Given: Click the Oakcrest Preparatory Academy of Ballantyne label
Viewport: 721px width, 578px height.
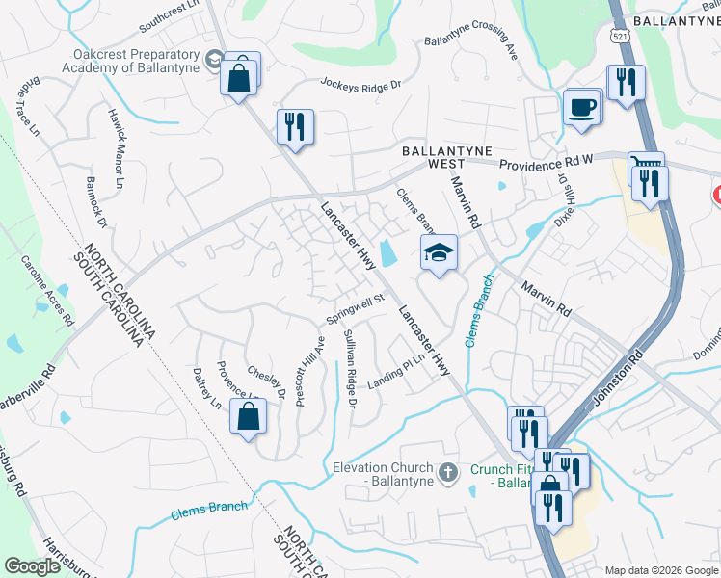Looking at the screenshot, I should tap(131, 61).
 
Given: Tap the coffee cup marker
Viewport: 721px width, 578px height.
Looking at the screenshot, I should tap(581, 108).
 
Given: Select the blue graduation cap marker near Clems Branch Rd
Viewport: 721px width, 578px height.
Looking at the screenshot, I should tap(438, 253).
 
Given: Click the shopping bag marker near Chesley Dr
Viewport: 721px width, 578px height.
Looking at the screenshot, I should tap(249, 417).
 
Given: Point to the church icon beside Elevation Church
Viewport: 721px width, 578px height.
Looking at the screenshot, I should tap(446, 472).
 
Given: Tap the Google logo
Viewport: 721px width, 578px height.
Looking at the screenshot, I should tap(33, 566).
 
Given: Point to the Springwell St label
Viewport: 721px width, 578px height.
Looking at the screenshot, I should tap(356, 309).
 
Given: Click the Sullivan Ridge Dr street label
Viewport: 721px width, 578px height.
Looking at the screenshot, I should tap(349, 368).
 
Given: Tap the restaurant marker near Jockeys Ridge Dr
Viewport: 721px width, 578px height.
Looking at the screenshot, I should tap(295, 127).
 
